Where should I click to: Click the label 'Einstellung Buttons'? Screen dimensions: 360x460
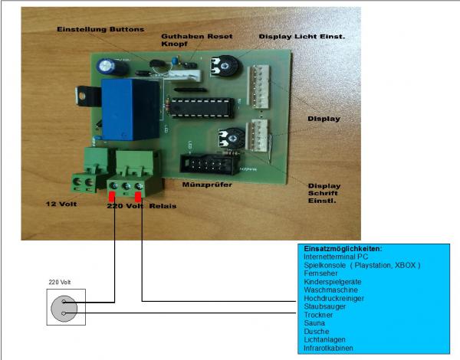[100, 29]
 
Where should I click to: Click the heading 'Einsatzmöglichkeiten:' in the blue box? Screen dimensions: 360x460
[343, 250]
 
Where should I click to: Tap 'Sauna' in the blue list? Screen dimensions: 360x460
[315, 323]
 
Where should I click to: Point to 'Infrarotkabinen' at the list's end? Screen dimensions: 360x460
[329, 348]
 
